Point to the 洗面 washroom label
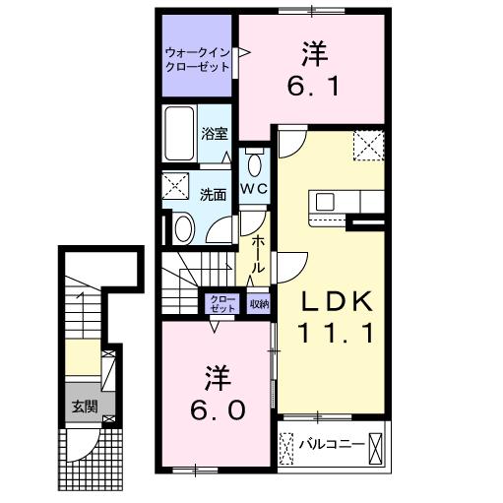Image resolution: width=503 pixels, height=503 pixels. (x=214, y=194)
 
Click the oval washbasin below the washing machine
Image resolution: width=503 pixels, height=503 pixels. (x=183, y=228)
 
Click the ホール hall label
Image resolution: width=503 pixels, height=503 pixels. (x=257, y=254)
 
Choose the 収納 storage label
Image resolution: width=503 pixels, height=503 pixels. (x=258, y=304)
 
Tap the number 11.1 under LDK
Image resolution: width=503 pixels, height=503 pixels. (x=333, y=334)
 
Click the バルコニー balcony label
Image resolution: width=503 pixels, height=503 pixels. (x=331, y=444)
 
